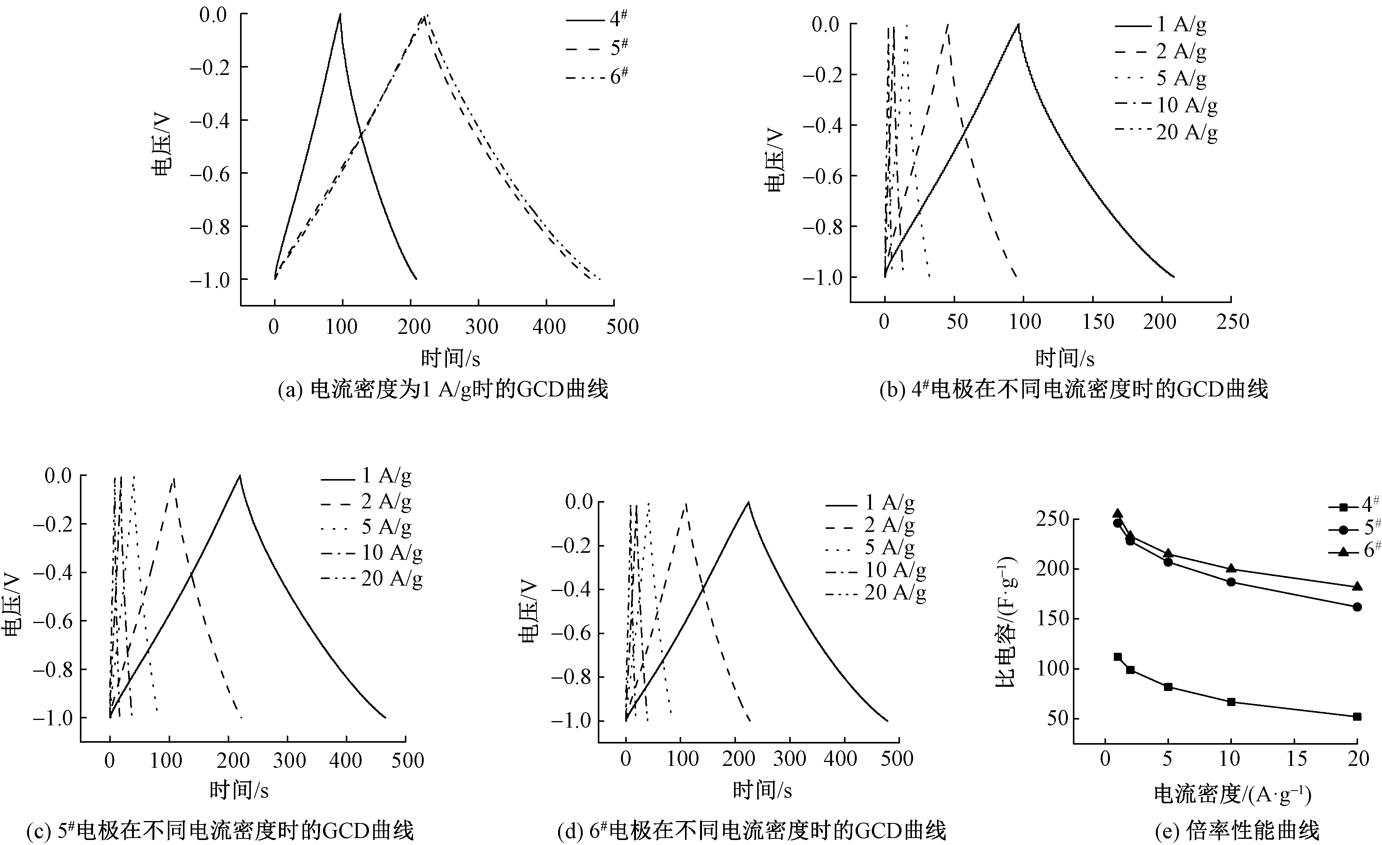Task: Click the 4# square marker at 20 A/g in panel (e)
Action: pos(1357,716)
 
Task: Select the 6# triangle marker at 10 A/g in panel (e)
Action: pos(1232,568)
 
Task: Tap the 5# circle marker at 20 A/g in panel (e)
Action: pos(1357,606)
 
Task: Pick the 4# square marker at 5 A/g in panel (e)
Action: pos(1168,687)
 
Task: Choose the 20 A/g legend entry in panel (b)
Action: pos(1167,132)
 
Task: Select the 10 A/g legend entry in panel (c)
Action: pos(372,553)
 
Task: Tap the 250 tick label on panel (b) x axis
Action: pos(1233,322)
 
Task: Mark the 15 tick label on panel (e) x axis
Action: pos(1296,759)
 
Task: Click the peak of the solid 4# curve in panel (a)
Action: pos(340,15)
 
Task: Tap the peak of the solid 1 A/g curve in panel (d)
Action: pos(748,502)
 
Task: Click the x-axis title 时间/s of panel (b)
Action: pos(1064,358)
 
